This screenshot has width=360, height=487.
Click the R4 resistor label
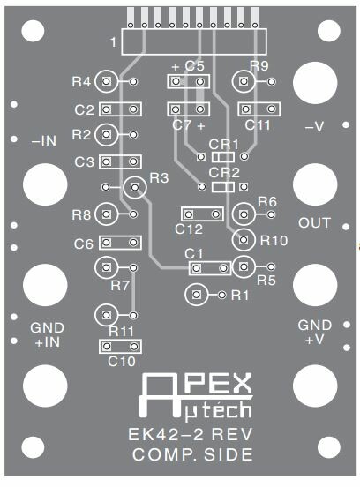tap(81, 82)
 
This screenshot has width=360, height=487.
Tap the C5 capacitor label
tap(194, 66)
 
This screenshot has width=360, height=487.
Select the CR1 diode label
tap(223, 145)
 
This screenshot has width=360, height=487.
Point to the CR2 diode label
tap(224, 173)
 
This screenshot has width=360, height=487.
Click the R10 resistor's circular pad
tap(244, 240)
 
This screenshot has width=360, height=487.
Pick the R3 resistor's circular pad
tap(135, 187)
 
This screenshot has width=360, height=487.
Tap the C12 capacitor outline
tap(202, 214)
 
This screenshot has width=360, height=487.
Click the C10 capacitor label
tap(122, 361)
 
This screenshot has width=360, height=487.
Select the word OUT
tap(314, 222)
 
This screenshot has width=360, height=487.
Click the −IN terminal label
tap(44, 141)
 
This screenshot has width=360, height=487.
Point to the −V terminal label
tap(315, 127)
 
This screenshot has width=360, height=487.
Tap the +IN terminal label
tap(48, 342)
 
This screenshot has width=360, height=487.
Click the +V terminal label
tap(315, 340)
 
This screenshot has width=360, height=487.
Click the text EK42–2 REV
tap(191, 434)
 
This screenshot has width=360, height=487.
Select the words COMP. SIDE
tap(192, 454)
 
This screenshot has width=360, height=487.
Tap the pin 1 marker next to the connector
tap(114, 42)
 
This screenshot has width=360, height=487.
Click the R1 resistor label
tap(240, 296)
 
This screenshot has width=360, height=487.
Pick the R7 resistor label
tap(120, 286)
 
